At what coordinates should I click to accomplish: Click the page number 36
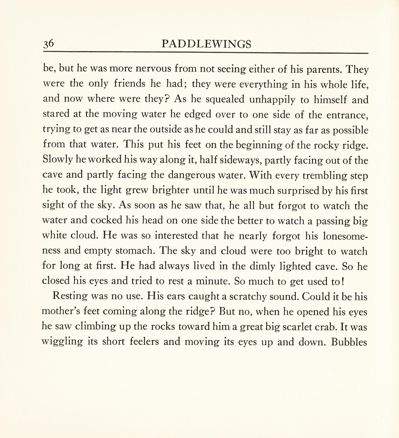[x=50, y=44]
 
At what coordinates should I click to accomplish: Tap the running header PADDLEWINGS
[x=206, y=44]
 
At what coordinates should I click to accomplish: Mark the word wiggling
[x=62, y=342]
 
